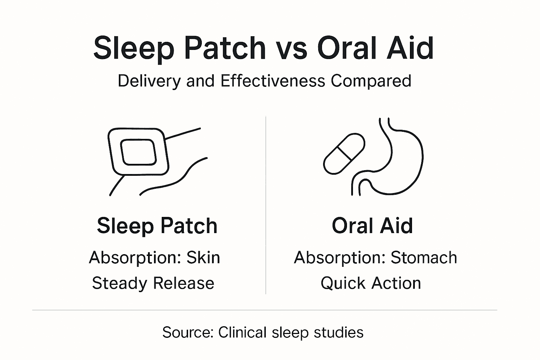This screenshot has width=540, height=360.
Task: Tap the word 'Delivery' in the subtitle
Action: pyautogui.click(x=149, y=81)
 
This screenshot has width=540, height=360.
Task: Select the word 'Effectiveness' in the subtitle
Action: pyautogui.click(x=272, y=81)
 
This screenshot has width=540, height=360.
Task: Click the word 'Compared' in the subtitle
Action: pyautogui.click(x=371, y=81)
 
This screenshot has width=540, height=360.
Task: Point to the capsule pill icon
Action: pyautogui.click(x=344, y=154)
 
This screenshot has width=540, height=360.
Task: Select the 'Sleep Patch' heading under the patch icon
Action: pyautogui.click(x=157, y=226)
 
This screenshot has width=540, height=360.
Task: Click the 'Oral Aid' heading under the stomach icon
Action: pyautogui.click(x=372, y=226)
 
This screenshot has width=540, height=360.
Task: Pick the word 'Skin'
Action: pyautogui.click(x=203, y=258)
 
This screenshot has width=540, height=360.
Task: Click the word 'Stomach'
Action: pyautogui.click(x=424, y=258)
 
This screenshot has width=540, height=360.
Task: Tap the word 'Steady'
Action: pyautogui.click(x=118, y=283)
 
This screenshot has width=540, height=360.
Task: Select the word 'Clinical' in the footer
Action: pyautogui.click(x=242, y=332)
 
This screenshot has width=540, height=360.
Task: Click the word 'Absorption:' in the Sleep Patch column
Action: pyautogui.click(x=135, y=258)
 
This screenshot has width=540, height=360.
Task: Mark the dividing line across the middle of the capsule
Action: pyautogui.click(x=344, y=153)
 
